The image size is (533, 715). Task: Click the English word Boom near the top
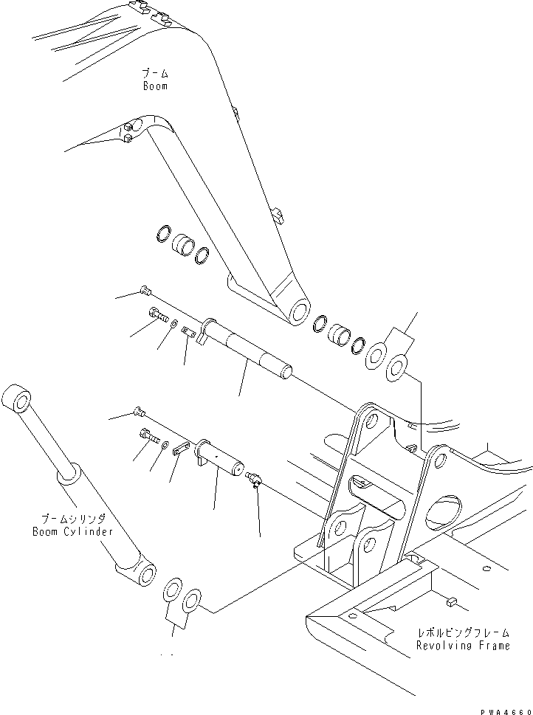[x=155, y=86]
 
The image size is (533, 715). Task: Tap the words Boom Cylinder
[x=72, y=531]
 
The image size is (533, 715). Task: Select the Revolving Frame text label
[x=462, y=646]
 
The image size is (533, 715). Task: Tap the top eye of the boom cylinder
[x=18, y=402]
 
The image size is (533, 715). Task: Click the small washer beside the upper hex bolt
[x=172, y=324]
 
